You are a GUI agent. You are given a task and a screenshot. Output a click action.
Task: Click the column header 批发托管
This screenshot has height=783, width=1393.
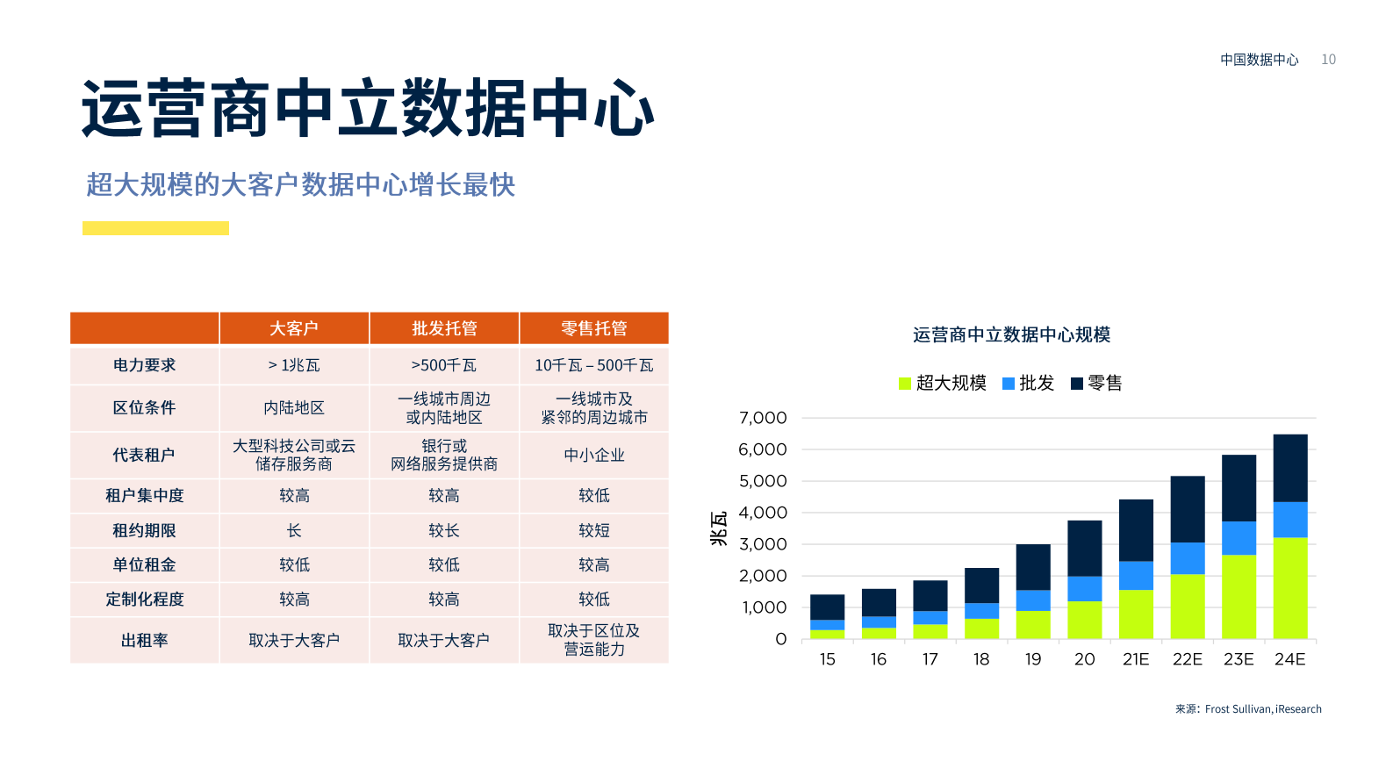pyautogui.click(x=444, y=328)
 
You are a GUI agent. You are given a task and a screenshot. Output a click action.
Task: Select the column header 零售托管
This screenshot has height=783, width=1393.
pyautogui.click(x=594, y=328)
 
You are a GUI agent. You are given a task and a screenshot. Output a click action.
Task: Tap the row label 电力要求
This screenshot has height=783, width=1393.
pyautogui.click(x=144, y=365)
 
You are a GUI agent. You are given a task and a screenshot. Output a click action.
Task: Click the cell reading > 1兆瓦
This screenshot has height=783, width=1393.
pyautogui.click(x=294, y=365)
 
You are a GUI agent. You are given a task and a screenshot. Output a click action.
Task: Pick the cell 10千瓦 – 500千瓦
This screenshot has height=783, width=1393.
pyautogui.click(x=594, y=365)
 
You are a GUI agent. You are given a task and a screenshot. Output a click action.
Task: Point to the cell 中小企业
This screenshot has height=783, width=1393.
pyautogui.click(x=594, y=455)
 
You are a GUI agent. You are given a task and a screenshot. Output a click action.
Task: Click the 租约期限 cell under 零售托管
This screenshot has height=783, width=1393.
pyautogui.click(x=594, y=530)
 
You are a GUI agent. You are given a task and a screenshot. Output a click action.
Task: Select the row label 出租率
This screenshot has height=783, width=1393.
pyautogui.click(x=144, y=640)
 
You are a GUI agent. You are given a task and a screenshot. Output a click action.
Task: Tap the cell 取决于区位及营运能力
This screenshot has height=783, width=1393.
pyautogui.click(x=594, y=640)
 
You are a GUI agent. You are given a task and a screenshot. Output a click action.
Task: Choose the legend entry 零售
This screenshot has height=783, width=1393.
pyautogui.click(x=1097, y=383)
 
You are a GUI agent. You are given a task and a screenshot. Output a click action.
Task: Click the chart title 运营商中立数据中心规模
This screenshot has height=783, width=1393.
pyautogui.click(x=1011, y=334)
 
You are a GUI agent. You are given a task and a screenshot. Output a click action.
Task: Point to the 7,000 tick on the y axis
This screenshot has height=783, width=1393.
pyautogui.click(x=763, y=418)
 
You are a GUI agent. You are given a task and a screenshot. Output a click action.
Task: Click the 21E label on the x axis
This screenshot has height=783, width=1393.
pyautogui.click(x=1136, y=659)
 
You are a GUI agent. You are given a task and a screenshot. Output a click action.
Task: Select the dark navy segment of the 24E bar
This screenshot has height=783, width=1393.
pyautogui.click(x=1290, y=468)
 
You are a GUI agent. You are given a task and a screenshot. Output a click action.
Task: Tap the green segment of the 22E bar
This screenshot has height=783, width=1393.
pyautogui.click(x=1188, y=606)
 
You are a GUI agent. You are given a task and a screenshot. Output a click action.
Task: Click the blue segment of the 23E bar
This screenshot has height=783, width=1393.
pyautogui.click(x=1239, y=538)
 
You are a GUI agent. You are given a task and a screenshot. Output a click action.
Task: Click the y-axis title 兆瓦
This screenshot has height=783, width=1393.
pyautogui.click(x=719, y=528)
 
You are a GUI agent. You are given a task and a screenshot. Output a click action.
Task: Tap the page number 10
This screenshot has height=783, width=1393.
pyautogui.click(x=1328, y=60)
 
